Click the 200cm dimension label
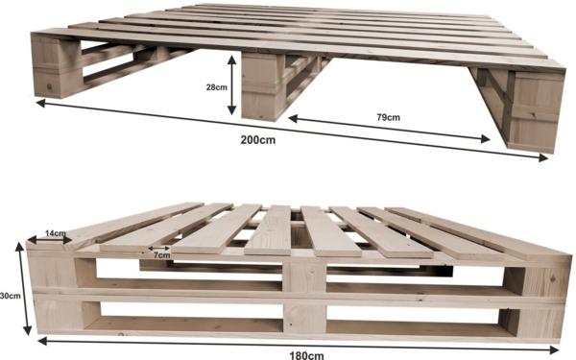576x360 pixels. pyautogui.click(x=258, y=140)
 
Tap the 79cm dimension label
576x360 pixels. pyautogui.click(x=388, y=117)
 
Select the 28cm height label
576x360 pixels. pyautogui.click(x=216, y=87)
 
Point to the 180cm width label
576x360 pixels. pyautogui.click(x=307, y=355)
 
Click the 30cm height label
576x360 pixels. pyautogui.click(x=11, y=296)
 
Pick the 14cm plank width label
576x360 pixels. pyautogui.click(x=56, y=233)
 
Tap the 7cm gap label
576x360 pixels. pyautogui.click(x=161, y=255)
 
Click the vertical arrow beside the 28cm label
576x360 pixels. pyautogui.click(x=231, y=84)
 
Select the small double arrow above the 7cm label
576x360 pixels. pyautogui.click(x=158, y=249)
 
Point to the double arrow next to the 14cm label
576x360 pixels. pyautogui.click(x=50, y=240)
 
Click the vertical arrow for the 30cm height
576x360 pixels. pyautogui.click(x=23, y=288)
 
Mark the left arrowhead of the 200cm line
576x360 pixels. pyautogui.click(x=40, y=103)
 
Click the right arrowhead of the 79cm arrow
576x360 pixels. pyautogui.click(x=485, y=139)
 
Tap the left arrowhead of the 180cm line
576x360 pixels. pyautogui.click(x=42, y=341)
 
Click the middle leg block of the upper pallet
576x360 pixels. pyautogui.click(x=263, y=86)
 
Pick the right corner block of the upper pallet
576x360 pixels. pyautogui.click(x=536, y=111)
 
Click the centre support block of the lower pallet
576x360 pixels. pyautogui.click(x=305, y=297)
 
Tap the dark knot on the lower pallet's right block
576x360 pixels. pyautogui.click(x=553, y=279)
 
